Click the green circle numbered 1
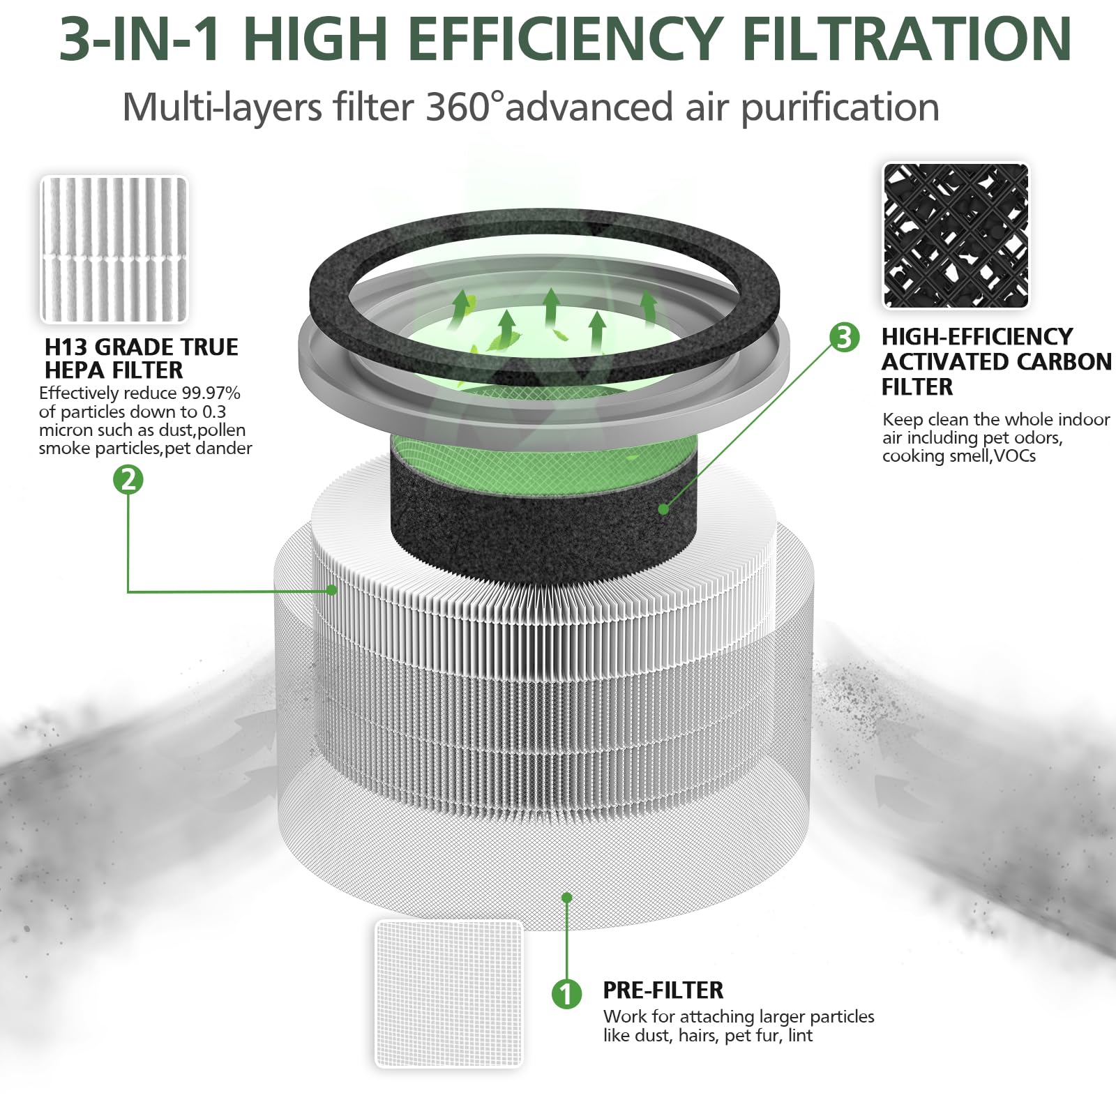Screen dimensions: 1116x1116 click(566, 993)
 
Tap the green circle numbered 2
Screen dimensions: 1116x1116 click(128, 480)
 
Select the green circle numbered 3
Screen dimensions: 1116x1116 click(844, 338)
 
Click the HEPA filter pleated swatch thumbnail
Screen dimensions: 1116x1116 click(114, 249)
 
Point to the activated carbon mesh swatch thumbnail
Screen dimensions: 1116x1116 click(956, 236)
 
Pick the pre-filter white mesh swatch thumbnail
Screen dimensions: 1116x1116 click(449, 993)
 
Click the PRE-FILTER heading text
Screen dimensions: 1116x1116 click(663, 990)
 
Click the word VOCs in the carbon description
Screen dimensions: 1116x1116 click(1015, 456)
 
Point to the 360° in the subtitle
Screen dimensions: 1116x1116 click(464, 107)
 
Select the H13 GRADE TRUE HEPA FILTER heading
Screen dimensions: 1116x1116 click(141, 358)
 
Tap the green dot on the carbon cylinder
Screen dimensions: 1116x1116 click(663, 509)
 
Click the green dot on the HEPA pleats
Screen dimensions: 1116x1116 click(333, 590)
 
